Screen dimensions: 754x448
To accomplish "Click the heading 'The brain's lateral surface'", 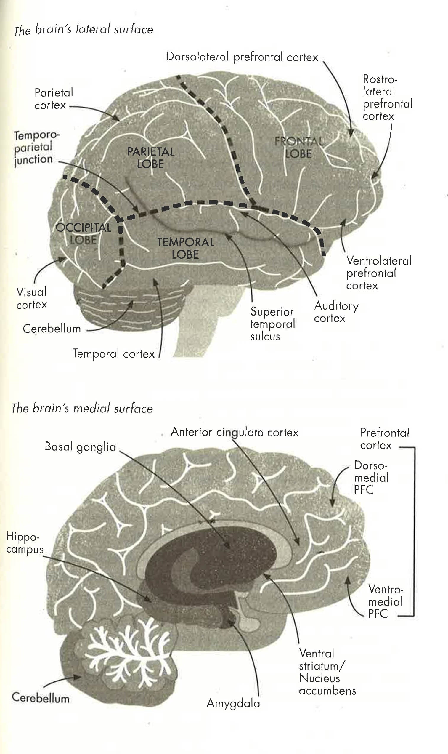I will pos(84,30).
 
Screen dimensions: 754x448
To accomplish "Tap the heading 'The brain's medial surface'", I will pos(82,408).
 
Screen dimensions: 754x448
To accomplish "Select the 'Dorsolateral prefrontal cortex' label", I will pos(242,57).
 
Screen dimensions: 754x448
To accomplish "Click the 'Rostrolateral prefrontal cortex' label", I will pos(387,97).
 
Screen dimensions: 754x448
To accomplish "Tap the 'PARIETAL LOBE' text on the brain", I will pos(151,157).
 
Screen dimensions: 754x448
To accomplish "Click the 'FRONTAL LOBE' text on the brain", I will pos(298,147).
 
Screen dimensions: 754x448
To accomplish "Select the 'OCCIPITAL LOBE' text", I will pos(83,233).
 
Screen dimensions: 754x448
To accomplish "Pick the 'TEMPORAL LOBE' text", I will pos(185,248).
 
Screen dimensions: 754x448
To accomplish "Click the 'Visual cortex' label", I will pos(32,298).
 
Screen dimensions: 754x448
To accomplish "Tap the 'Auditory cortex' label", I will pos(336,312).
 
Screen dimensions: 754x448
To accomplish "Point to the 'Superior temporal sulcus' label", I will pos(272,324).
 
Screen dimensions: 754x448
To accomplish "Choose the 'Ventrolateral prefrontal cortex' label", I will pos(378,273).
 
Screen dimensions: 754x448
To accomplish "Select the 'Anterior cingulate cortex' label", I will pos(234,432).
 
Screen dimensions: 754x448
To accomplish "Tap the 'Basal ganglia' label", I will pos(80,446).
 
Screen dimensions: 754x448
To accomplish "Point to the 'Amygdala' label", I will pos(233,703).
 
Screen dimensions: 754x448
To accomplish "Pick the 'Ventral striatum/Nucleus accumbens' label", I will pos(327,672).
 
